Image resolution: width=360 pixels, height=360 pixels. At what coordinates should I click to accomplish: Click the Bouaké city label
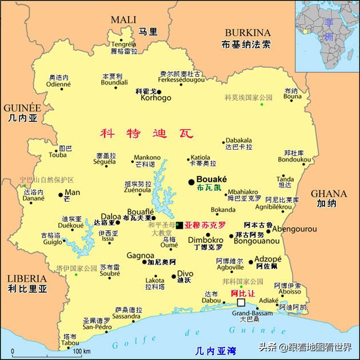pyautogui.click(x=211, y=179)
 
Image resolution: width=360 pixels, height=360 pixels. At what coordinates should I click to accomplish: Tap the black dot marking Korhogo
pyautogui.click(x=159, y=91)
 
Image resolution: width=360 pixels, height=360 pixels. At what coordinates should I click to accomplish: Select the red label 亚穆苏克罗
pyautogui.click(x=205, y=225)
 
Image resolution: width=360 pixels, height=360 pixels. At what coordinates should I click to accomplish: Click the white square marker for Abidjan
pyautogui.click(x=241, y=302)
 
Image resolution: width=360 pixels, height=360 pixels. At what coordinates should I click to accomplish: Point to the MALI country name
pyautogui.click(x=123, y=19)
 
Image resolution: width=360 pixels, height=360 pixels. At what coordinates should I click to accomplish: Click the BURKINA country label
pyautogui.click(x=247, y=33)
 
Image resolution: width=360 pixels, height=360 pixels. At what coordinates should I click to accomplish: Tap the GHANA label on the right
pyautogui.click(x=329, y=194)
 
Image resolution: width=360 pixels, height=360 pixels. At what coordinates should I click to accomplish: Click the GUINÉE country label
pyautogui.click(x=22, y=108)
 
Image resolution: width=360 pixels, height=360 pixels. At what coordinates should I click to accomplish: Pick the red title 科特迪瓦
pyautogui.click(x=147, y=134)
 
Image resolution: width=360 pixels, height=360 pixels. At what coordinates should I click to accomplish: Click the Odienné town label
pyautogui.click(x=58, y=84)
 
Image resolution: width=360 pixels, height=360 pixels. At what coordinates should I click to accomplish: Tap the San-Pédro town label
pyautogui.click(x=96, y=327)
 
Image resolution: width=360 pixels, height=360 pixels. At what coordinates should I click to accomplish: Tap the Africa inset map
pyautogui.click(x=327, y=34)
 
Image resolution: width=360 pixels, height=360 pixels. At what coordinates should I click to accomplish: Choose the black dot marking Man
pyautogui.click(x=61, y=195)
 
